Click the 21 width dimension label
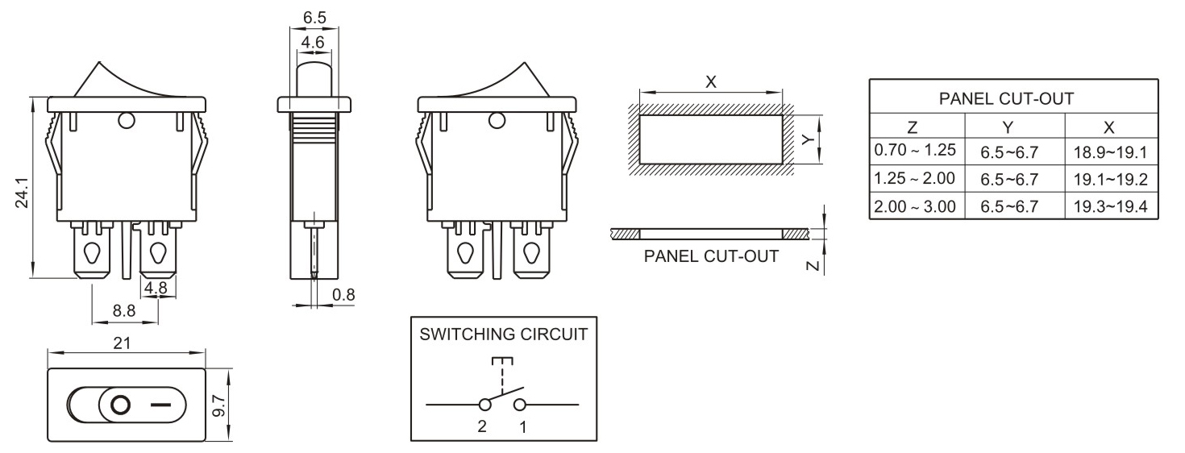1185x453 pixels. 122,343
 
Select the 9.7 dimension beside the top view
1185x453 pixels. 217,405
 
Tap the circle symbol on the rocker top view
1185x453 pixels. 120,405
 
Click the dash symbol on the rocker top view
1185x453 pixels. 160,405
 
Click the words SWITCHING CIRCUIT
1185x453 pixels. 504,335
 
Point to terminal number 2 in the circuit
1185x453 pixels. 482,427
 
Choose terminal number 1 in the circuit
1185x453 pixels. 522,427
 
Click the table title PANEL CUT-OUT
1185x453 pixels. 1006,98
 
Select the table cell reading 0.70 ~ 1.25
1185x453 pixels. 915,150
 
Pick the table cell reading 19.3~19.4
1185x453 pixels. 1110,206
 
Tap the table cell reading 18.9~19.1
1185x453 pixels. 1110,151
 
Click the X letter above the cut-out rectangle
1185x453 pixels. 711,82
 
